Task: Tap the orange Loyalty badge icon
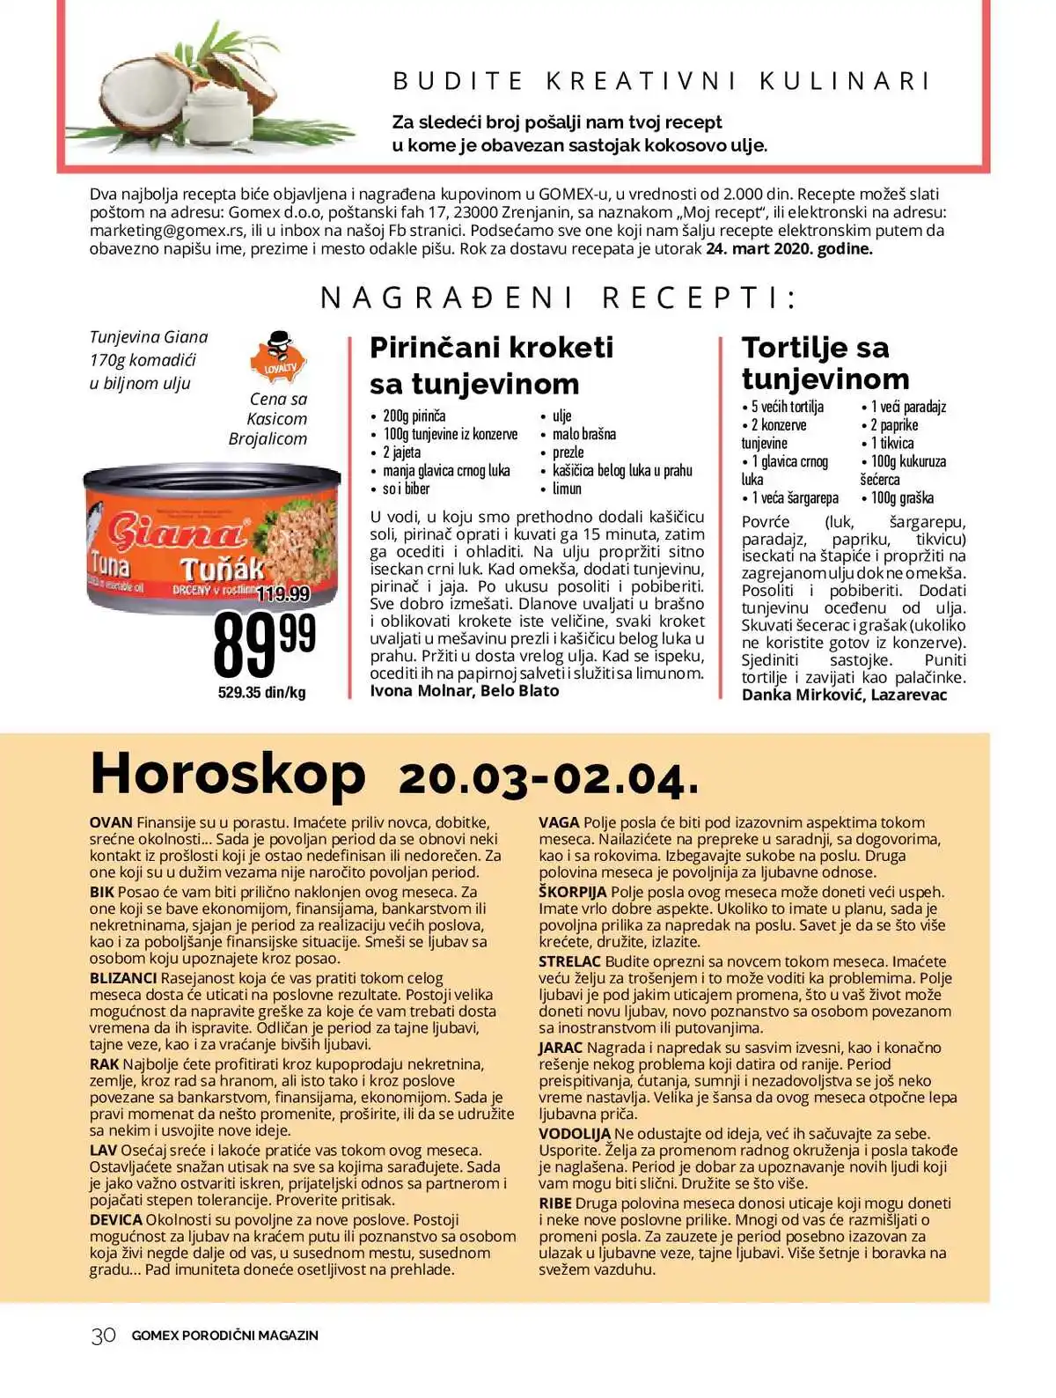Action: tap(278, 358)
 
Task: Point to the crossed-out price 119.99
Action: tap(282, 594)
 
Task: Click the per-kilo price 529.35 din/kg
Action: tap(261, 693)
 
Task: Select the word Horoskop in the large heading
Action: tap(228, 774)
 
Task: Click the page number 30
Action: tap(103, 1335)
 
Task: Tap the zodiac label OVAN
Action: tap(111, 822)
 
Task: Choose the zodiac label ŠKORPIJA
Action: tap(572, 892)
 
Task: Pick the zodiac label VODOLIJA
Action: tap(574, 1134)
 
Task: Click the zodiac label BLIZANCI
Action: tap(123, 978)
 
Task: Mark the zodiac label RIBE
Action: tap(555, 1203)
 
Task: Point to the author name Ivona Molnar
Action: tap(422, 691)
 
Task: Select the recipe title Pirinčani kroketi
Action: tap(491, 347)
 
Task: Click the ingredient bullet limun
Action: tap(567, 489)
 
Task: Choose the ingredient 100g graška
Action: tap(902, 498)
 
